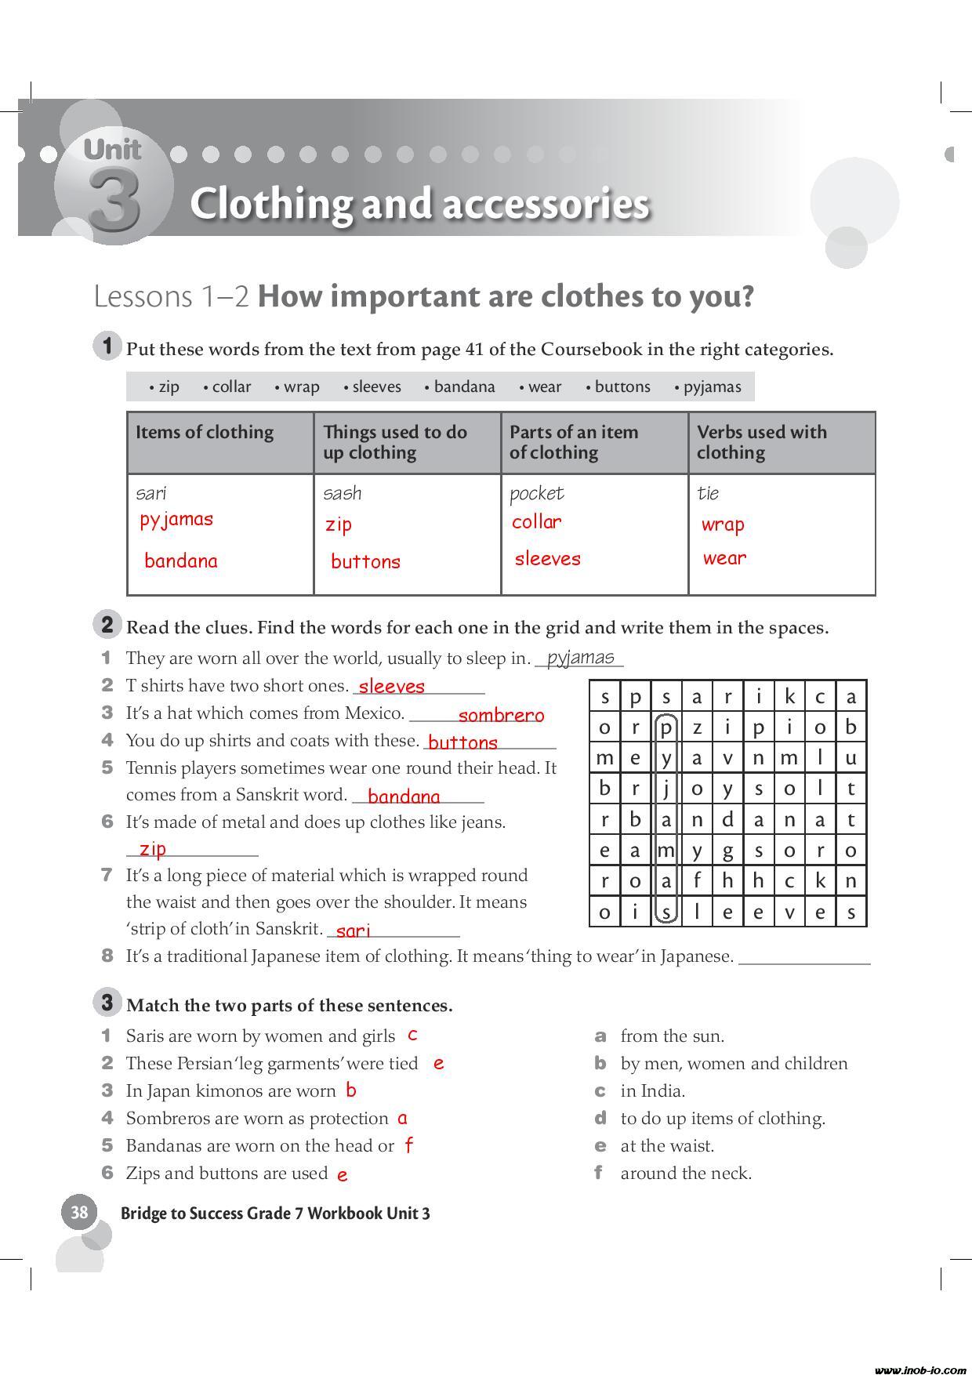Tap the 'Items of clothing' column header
tap(205, 432)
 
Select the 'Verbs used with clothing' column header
tap(761, 442)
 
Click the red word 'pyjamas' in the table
tap(176, 520)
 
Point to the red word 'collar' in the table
tap(536, 522)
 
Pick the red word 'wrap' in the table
tap(723, 524)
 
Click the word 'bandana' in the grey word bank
tap(464, 386)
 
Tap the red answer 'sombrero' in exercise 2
tap(501, 715)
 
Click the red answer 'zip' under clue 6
tap(152, 849)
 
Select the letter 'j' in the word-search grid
tap(666, 789)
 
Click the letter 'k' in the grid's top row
tap(789, 696)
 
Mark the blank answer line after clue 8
tap(804, 960)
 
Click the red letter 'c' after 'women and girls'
tap(412, 1035)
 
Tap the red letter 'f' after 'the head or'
tap(408, 1145)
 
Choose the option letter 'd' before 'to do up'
tap(600, 1119)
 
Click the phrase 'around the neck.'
tap(686, 1174)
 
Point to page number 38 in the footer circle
tap(79, 1213)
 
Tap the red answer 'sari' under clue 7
tap(353, 931)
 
